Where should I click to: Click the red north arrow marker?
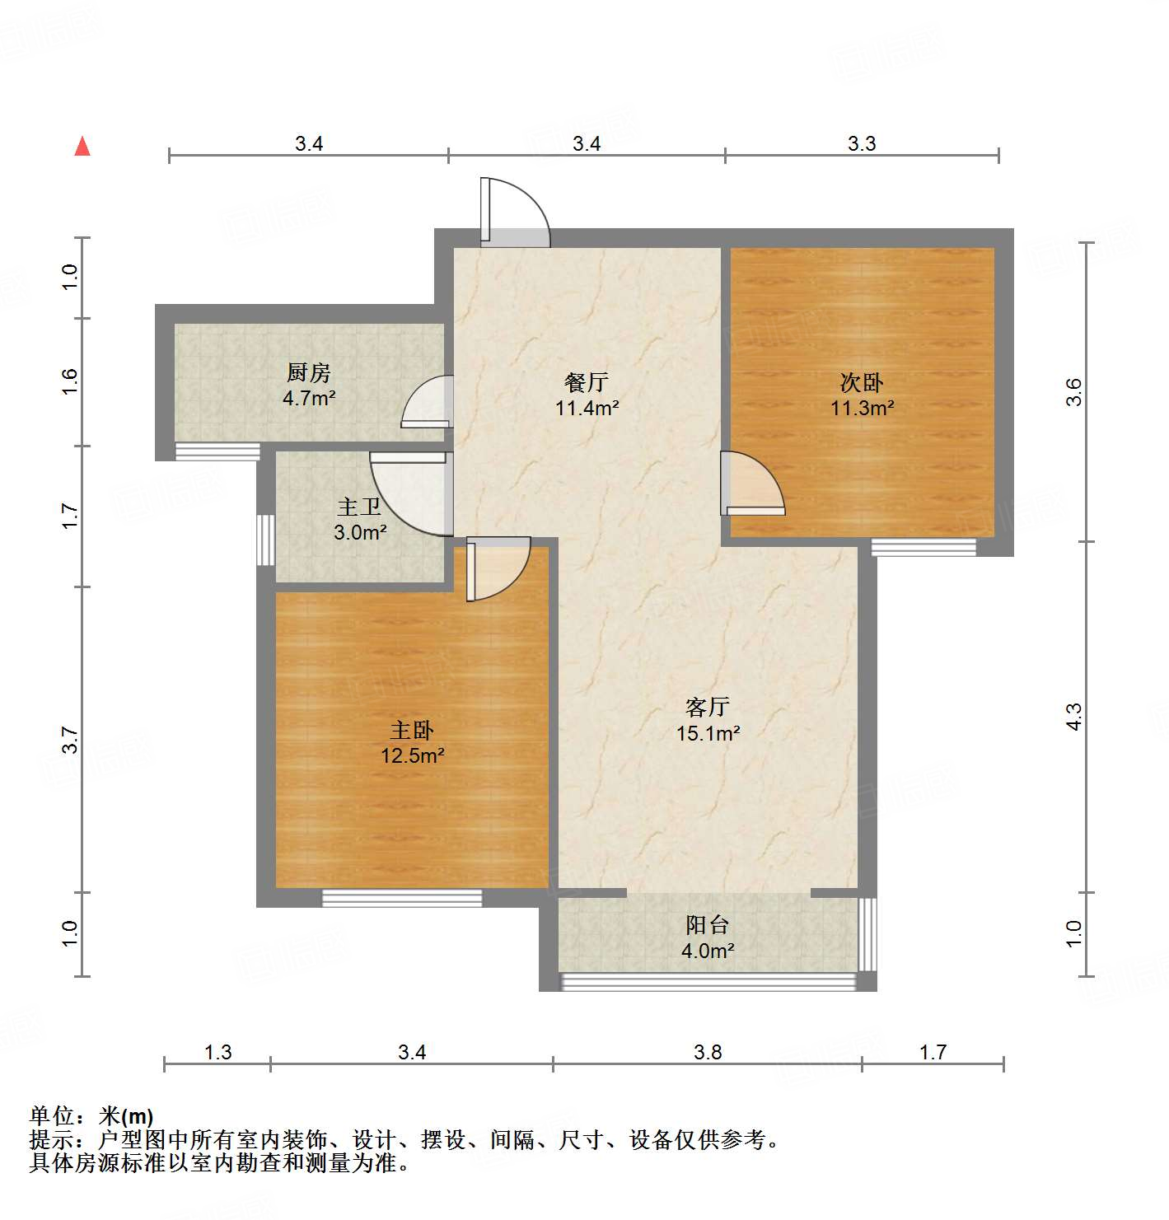tap(82, 146)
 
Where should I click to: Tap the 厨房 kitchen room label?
tap(309, 373)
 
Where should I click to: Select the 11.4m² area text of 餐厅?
tap(587, 408)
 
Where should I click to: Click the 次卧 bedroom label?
tap(862, 382)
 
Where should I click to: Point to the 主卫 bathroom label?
tap(359, 507)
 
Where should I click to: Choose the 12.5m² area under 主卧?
tap(413, 755)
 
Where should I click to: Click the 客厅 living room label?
tap(708, 707)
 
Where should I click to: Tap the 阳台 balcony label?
tap(708, 924)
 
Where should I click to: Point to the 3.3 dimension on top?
tap(862, 143)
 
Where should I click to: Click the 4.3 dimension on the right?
tap(1073, 717)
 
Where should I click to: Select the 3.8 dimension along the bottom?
tap(708, 1052)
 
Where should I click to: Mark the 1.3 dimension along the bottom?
tap(218, 1052)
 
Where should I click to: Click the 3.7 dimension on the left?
tap(70, 740)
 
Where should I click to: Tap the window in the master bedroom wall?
tap(402, 899)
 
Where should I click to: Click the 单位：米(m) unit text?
tap(91, 1116)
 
